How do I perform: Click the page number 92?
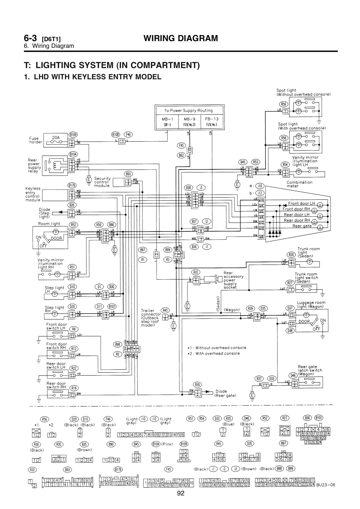tap(181, 494)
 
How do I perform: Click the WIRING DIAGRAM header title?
tap(181, 38)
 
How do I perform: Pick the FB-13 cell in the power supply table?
tap(211, 119)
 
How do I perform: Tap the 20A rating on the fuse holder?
tap(56, 137)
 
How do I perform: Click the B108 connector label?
tap(116, 134)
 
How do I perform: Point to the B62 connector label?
tap(181, 155)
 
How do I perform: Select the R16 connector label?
tap(74, 388)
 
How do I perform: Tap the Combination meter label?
tap(299, 184)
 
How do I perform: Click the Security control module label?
tap(102, 182)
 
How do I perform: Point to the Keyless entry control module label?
tap(33, 194)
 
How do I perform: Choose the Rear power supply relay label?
tap(34, 166)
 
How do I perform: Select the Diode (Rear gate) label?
tap(225, 393)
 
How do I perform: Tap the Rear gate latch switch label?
tap(310, 370)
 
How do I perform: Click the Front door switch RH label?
tap(57, 346)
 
